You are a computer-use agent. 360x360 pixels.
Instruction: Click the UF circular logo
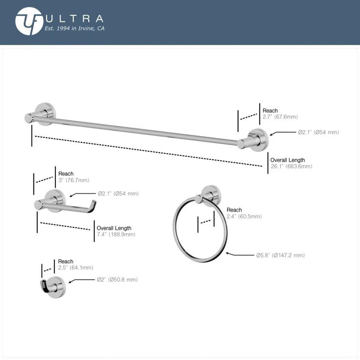click(29, 21)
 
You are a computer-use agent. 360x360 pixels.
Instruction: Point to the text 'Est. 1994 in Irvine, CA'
click(75, 29)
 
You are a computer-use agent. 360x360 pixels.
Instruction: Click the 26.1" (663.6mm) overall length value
click(291, 166)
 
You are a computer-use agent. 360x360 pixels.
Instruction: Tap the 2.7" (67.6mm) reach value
click(280, 117)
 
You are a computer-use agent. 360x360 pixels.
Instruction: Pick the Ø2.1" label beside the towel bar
click(319, 132)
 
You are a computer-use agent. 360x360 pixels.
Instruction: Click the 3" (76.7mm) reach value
click(74, 180)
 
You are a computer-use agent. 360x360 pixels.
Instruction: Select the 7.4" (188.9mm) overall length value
click(115, 234)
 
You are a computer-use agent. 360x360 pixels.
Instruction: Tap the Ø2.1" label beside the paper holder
click(118, 194)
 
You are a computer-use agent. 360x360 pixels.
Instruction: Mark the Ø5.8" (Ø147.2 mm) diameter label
click(280, 256)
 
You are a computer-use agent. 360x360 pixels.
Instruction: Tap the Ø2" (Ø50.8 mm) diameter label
click(117, 279)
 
